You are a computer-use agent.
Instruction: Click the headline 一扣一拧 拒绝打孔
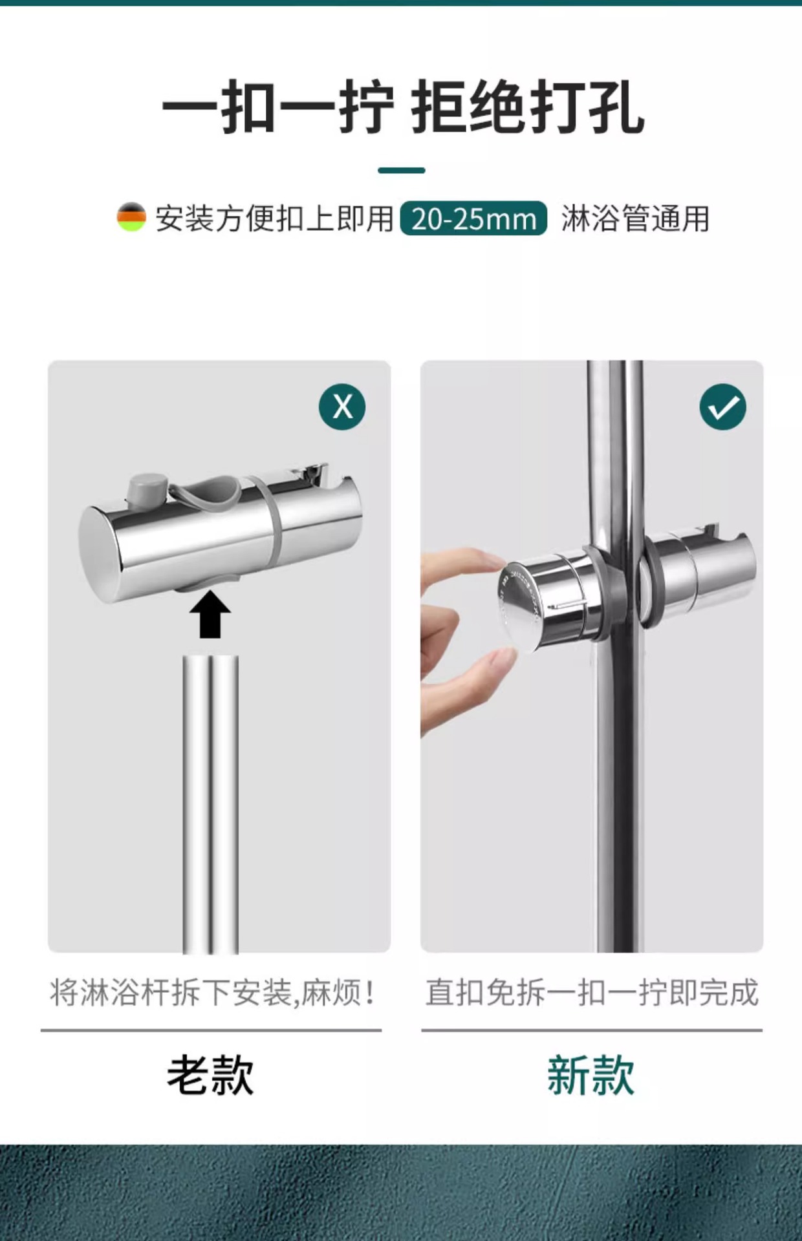pos(402,108)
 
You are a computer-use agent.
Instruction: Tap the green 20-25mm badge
pos(473,218)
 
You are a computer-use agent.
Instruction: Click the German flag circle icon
pos(131,217)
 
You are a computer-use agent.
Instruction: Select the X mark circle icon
pos(342,407)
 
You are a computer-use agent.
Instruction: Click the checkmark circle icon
pos(723,407)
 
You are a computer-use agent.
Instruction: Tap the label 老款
pos(210,1076)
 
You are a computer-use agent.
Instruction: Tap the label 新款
pos(591,1076)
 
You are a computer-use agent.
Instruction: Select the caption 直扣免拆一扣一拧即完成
pos(592,993)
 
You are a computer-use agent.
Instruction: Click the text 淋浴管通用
pos(635,218)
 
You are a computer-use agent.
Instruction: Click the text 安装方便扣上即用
pos(274,218)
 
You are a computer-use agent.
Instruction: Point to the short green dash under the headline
pos(401,171)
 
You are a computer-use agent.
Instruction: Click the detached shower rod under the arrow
pos(210,804)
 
